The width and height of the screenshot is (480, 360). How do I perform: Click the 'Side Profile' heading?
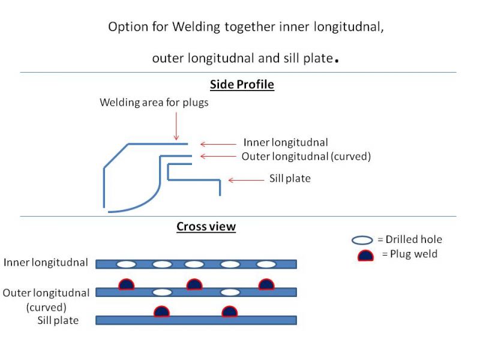point(242,85)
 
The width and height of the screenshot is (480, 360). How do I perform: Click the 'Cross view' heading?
point(206,227)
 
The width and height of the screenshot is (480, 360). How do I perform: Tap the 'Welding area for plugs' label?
point(154,103)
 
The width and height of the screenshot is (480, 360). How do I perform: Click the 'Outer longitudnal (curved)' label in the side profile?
point(306,157)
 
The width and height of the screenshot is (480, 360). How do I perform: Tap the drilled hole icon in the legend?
point(362,240)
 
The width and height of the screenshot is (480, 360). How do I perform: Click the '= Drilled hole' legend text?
point(409,240)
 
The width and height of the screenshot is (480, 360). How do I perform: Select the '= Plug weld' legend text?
point(409,254)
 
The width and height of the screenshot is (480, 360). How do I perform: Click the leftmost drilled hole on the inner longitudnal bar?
point(126,264)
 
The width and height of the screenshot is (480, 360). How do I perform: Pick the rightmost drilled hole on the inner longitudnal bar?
point(266,264)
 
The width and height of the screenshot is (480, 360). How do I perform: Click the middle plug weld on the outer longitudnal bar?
point(194,284)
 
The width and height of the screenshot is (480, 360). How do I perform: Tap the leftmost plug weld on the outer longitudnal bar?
point(126,284)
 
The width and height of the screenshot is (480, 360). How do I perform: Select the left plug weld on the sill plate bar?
point(161,312)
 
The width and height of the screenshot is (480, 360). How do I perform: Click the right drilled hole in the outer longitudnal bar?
point(230,292)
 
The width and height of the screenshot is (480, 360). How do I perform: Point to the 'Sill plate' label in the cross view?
point(58,320)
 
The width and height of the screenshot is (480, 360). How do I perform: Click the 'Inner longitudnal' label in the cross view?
point(47,263)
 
